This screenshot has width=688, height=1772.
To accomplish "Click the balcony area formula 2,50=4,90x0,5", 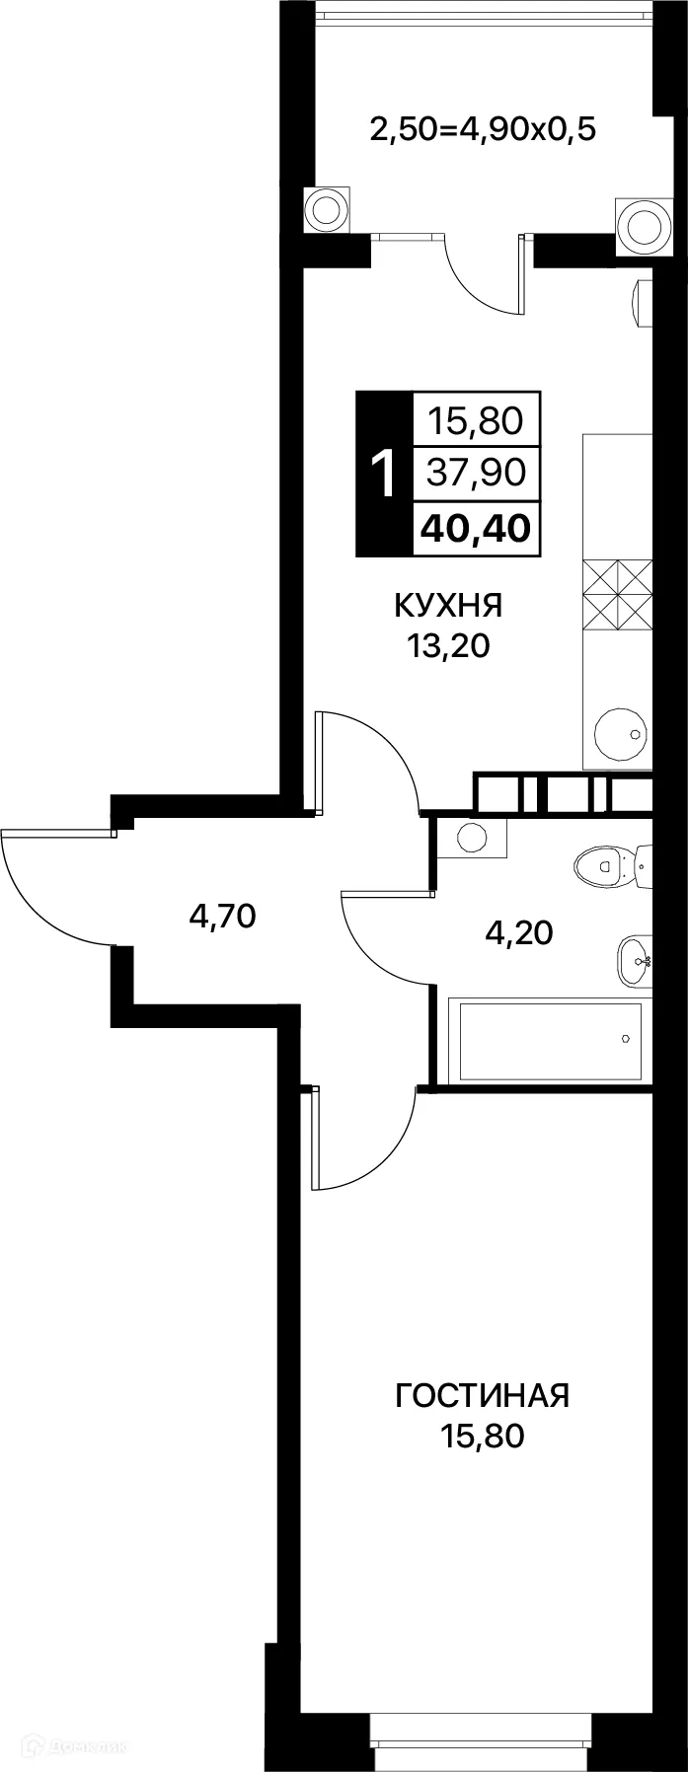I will click(x=483, y=128).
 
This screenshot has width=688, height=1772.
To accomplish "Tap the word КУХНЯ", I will click(x=449, y=604).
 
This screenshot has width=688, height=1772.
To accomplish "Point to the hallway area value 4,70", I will click(x=222, y=917).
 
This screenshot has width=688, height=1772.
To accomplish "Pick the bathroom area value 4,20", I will click(x=518, y=931).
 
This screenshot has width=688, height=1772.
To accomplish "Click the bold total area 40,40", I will click(x=476, y=528).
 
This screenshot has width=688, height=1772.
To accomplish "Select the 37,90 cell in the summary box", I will click(x=476, y=475).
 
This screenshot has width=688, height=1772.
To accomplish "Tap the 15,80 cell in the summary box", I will click(x=476, y=422).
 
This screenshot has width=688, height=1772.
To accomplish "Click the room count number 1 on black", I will click(x=383, y=475).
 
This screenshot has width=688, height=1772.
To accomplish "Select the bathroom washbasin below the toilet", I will click(x=634, y=960).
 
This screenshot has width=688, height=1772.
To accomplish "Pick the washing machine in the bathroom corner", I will click(x=472, y=838).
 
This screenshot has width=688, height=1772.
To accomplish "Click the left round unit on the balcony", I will click(x=325, y=208).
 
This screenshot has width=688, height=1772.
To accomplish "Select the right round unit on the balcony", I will click(x=644, y=224).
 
